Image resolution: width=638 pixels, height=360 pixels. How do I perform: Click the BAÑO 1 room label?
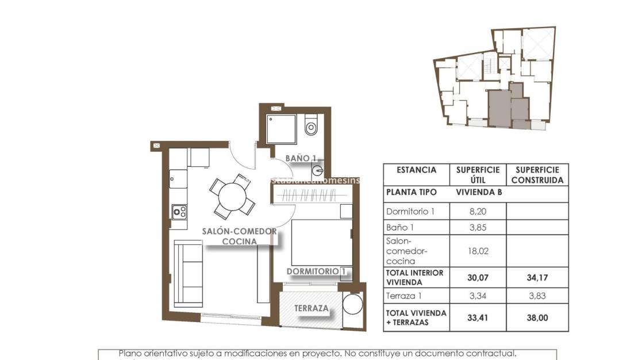[x=302, y=158]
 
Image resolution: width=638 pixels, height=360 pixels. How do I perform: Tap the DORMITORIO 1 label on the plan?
[x=316, y=271]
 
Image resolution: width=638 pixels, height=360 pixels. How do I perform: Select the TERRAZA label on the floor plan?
[x=312, y=308]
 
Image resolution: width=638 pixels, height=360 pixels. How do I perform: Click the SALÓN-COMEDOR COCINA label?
[x=239, y=236]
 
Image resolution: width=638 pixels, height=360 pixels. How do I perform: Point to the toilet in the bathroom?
[x=311, y=126]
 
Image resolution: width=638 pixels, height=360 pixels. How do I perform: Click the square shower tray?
[x=282, y=130]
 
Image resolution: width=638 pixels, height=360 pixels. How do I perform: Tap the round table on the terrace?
[x=352, y=306]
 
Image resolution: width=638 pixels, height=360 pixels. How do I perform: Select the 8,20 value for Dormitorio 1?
[x=478, y=212]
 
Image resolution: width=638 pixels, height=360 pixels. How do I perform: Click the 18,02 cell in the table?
[x=478, y=251]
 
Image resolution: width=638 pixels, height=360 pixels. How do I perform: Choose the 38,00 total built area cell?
[x=537, y=317]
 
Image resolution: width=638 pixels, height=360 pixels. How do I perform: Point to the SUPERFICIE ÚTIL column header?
[x=478, y=175]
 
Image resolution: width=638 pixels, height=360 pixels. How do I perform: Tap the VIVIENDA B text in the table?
[x=478, y=192]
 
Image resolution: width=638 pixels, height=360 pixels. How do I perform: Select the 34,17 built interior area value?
[x=537, y=277]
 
